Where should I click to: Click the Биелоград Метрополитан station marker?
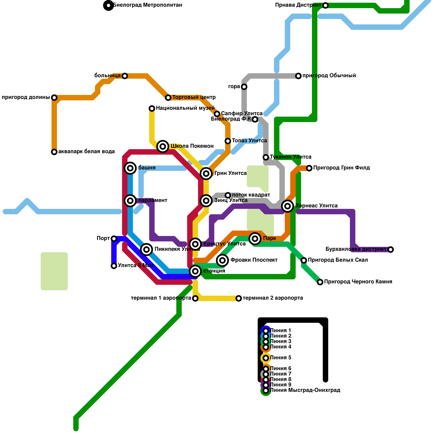point(108,5)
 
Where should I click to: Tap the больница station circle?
point(125,76)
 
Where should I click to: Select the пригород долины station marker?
point(54,98)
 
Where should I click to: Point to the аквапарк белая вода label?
point(86,151)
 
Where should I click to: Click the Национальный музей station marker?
point(152,108)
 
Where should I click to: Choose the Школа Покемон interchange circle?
point(163,146)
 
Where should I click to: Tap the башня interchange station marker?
point(130,168)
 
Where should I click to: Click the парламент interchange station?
point(130,201)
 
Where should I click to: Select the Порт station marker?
point(114,239)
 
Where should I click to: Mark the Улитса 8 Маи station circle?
point(114,266)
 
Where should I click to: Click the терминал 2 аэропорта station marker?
point(239,298)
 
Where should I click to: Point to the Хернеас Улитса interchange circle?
point(288,206)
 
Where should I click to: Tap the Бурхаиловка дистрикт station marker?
point(391,250)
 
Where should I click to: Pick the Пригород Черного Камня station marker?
point(320,282)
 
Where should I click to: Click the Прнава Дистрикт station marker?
point(325,5)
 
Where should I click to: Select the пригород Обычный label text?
point(329,75)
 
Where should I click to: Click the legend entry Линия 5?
point(280,358)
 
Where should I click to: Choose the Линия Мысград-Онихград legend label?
point(305,390)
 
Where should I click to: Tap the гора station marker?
point(244,87)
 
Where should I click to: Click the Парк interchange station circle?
point(255,239)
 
